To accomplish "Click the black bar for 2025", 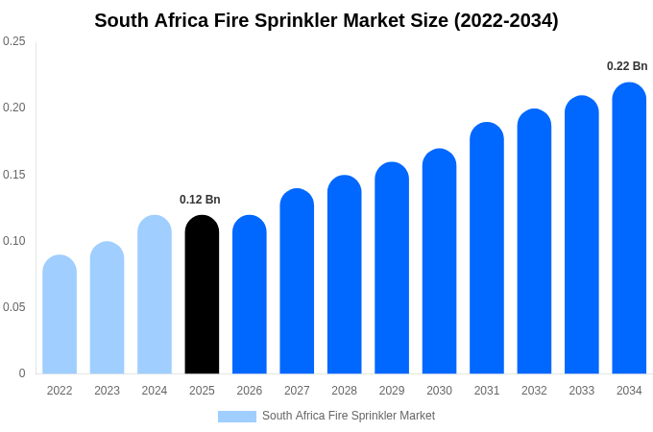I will click(202, 295).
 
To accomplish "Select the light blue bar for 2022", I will click(60, 315).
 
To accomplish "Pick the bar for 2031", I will click(487, 249).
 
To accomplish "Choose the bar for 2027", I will click(297, 281).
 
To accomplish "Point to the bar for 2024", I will click(155, 295).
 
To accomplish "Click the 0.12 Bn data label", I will click(200, 200).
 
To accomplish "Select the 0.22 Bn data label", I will click(627, 66).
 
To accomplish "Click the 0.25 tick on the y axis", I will click(14, 41).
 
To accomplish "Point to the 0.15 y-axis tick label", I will click(14, 175).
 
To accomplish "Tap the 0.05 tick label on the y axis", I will click(14, 307).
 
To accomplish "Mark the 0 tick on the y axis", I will click(22, 373).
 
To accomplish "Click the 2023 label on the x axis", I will click(107, 391).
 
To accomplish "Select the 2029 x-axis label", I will click(392, 391).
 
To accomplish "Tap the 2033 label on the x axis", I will click(582, 391).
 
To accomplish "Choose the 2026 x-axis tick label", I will click(250, 391).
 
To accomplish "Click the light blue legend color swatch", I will click(237, 417).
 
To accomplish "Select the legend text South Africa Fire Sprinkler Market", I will click(349, 416).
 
